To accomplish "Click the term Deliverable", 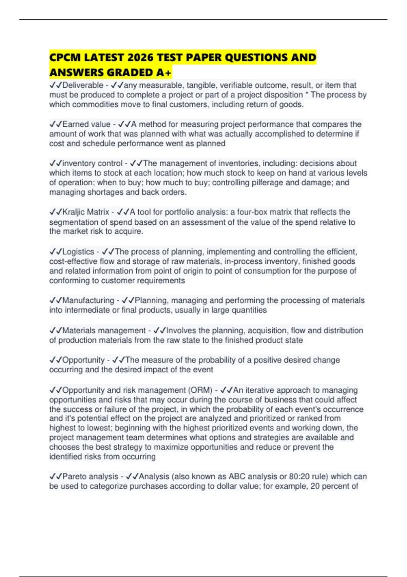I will [x=83, y=85].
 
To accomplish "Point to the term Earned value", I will [x=86, y=124].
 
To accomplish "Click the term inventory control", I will [x=92, y=163].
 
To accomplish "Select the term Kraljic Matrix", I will [x=86, y=212].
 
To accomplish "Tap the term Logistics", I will [x=78, y=252].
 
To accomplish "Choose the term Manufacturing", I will [x=88, y=300].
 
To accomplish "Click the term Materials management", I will [x=104, y=331].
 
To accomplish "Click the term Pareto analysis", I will [x=90, y=477].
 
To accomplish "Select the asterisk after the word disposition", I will [x=307, y=95].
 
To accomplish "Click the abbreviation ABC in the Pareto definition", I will [x=237, y=477].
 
